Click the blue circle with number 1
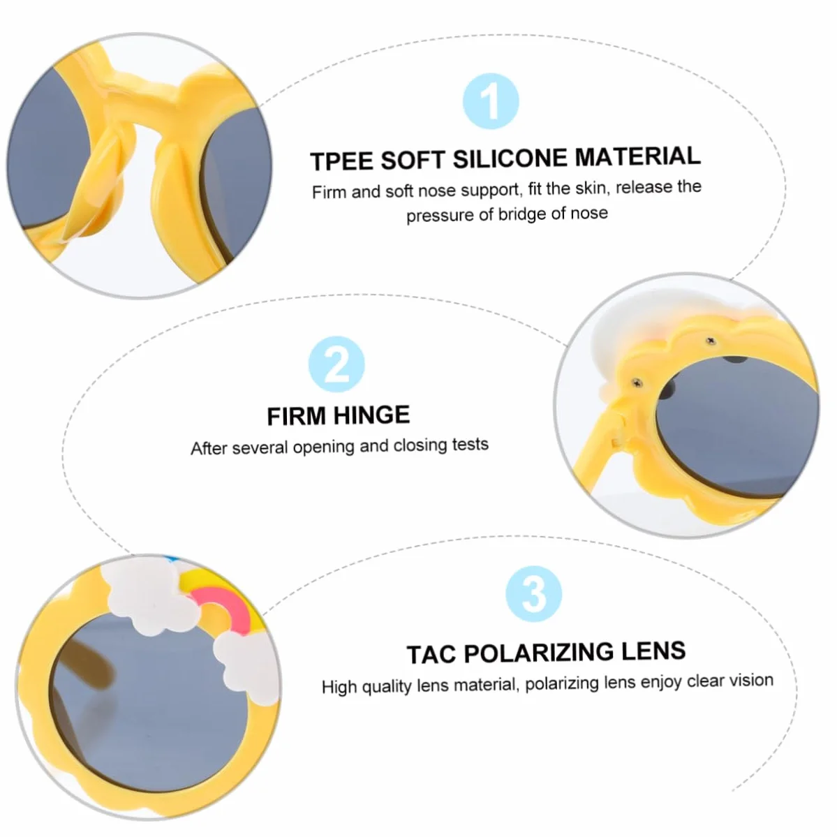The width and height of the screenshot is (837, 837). click(x=491, y=101)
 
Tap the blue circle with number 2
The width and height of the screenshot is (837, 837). click(x=337, y=364)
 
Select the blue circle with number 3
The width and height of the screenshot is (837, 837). click(x=534, y=593)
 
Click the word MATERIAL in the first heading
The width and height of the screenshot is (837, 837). click(x=638, y=156)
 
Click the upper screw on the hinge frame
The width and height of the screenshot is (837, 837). click(x=711, y=341)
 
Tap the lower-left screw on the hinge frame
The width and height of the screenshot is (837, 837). click(x=637, y=383)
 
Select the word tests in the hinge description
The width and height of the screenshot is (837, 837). click(x=471, y=444)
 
